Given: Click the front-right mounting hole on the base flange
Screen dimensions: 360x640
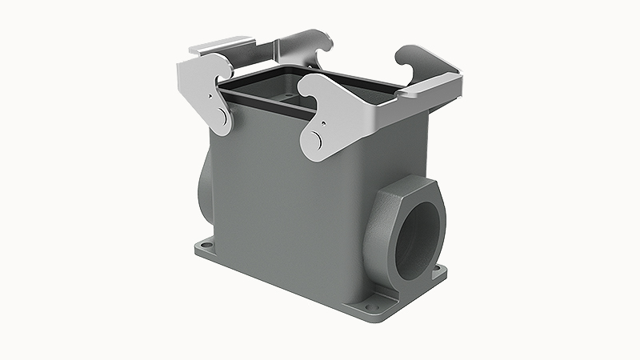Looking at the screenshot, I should (x=375, y=302).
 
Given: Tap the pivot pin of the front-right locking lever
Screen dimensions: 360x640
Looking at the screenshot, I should (x=316, y=141).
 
